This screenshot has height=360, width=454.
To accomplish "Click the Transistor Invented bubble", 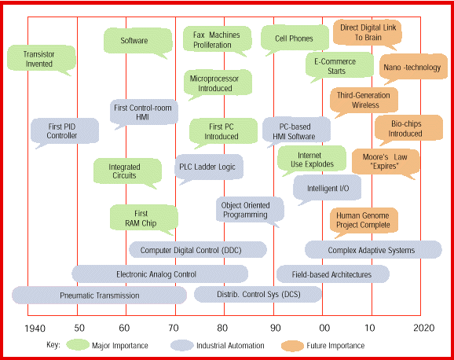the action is pyautogui.click(x=42, y=58).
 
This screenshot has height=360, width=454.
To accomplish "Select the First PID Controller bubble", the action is pyautogui.click(x=64, y=131).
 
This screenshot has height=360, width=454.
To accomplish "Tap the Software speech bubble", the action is pyautogui.click(x=137, y=41).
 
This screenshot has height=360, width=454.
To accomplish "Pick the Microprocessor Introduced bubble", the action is pyautogui.click(x=218, y=83).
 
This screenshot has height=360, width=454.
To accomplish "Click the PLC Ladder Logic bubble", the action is pyautogui.click(x=209, y=167).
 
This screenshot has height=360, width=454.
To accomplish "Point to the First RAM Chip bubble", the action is pyautogui.click(x=144, y=218).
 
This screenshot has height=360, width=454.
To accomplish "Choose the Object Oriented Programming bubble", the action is pyautogui.click(x=250, y=210).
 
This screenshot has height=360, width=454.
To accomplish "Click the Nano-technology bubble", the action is pyautogui.click(x=413, y=67).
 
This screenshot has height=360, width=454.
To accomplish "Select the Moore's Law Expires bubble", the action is pyautogui.click(x=386, y=162).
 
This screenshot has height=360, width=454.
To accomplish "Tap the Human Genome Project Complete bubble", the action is pyautogui.click(x=364, y=220).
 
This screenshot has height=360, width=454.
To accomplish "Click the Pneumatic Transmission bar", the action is pyautogui.click(x=99, y=296).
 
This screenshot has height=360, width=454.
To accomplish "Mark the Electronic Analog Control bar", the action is pyautogui.click(x=159, y=274).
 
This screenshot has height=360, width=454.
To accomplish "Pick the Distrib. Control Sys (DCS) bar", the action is pyautogui.click(x=258, y=295).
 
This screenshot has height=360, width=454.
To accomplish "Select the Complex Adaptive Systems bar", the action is pyautogui.click(x=373, y=250).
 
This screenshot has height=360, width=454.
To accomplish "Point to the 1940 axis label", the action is pyautogui.click(x=35, y=329).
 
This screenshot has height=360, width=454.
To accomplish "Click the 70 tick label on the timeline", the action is pyautogui.click(x=174, y=328).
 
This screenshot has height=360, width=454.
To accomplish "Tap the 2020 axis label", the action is pyautogui.click(x=424, y=328).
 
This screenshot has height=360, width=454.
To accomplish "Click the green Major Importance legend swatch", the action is pyautogui.click(x=78, y=345).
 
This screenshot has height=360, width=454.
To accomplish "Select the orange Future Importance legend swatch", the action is pyautogui.click(x=292, y=346).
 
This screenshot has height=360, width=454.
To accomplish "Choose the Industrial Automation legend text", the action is pyautogui.click(x=230, y=346).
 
